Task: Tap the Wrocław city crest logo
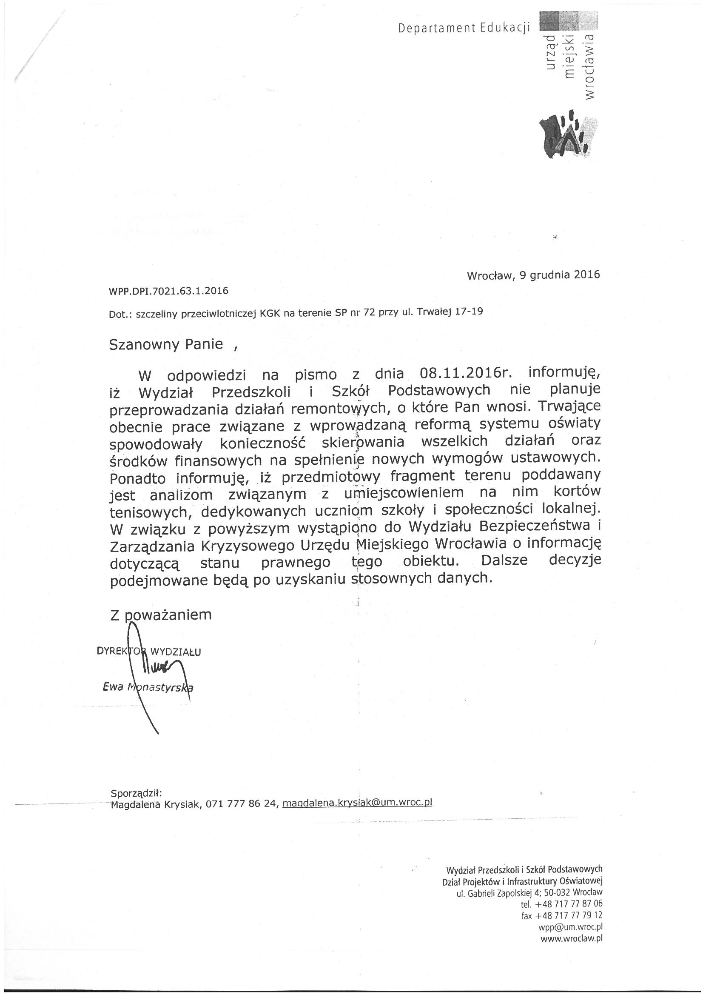[567, 135]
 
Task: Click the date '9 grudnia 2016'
[559, 275]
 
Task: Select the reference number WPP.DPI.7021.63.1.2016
[169, 291]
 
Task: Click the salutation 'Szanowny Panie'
[166, 344]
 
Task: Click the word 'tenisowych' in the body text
[148, 512]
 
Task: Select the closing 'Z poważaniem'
[161, 615]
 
